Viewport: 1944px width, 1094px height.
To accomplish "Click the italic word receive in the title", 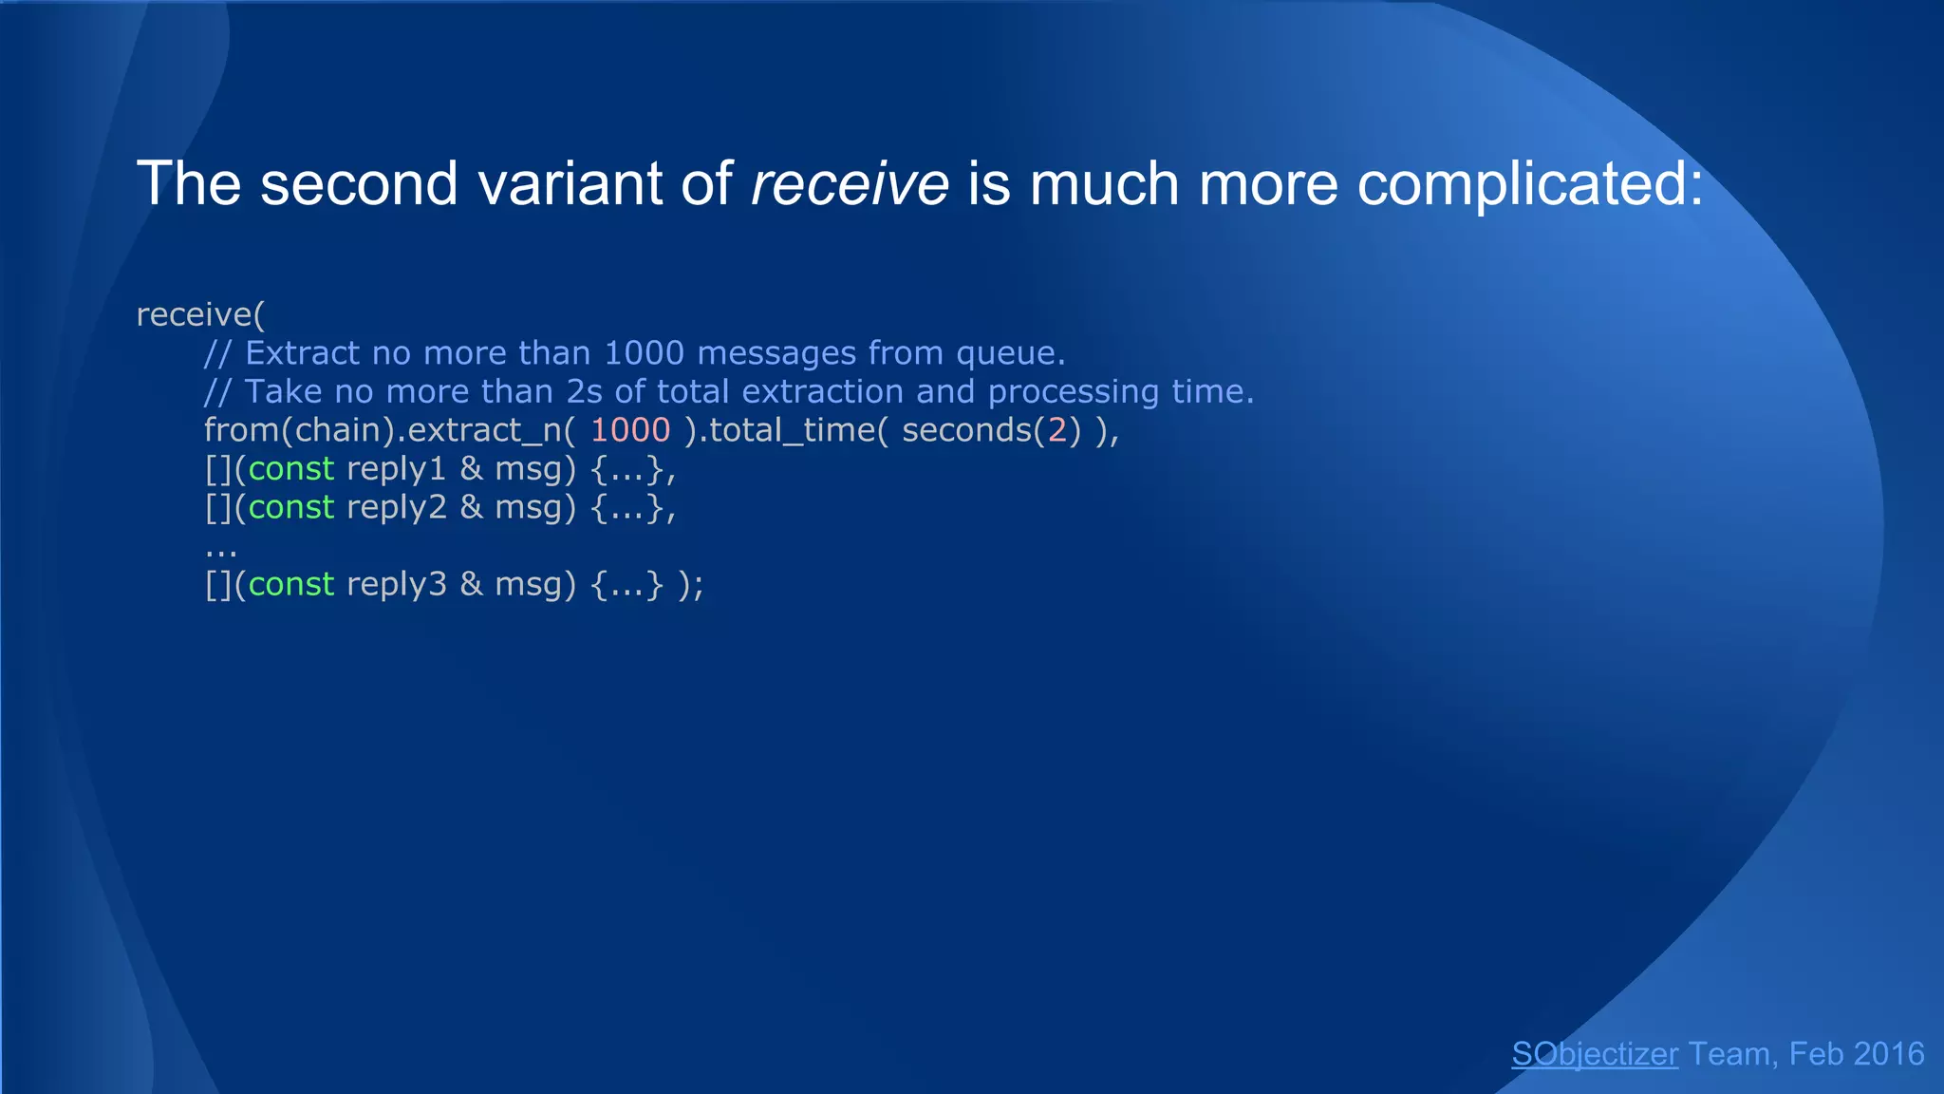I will tap(850, 183).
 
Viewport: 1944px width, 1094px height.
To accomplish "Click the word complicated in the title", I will tap(1529, 183).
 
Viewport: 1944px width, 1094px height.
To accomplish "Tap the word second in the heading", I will tap(359, 183).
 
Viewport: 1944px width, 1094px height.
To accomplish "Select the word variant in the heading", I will tap(570, 183).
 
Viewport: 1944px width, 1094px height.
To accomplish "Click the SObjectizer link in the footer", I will tap(1595, 1054).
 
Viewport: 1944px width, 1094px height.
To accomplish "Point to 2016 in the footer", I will tap(1889, 1054).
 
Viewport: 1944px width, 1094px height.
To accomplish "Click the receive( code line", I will tap(200, 314).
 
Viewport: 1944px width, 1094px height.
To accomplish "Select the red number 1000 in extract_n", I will tap(630, 430).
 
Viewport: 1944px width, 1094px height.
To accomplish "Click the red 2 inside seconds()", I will tap(1057, 430).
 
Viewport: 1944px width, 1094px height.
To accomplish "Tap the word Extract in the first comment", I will tap(302, 353).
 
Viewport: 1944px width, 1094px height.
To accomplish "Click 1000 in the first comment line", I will tap(644, 353).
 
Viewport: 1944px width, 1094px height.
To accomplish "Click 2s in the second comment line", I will tap(584, 391).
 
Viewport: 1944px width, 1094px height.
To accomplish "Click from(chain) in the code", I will tap(299, 430).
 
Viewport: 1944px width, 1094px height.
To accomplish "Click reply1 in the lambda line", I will tap(396, 469).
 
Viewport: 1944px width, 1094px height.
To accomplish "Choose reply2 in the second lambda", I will tap(396, 507).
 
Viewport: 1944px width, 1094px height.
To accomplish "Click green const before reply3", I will tap(290, 584).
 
